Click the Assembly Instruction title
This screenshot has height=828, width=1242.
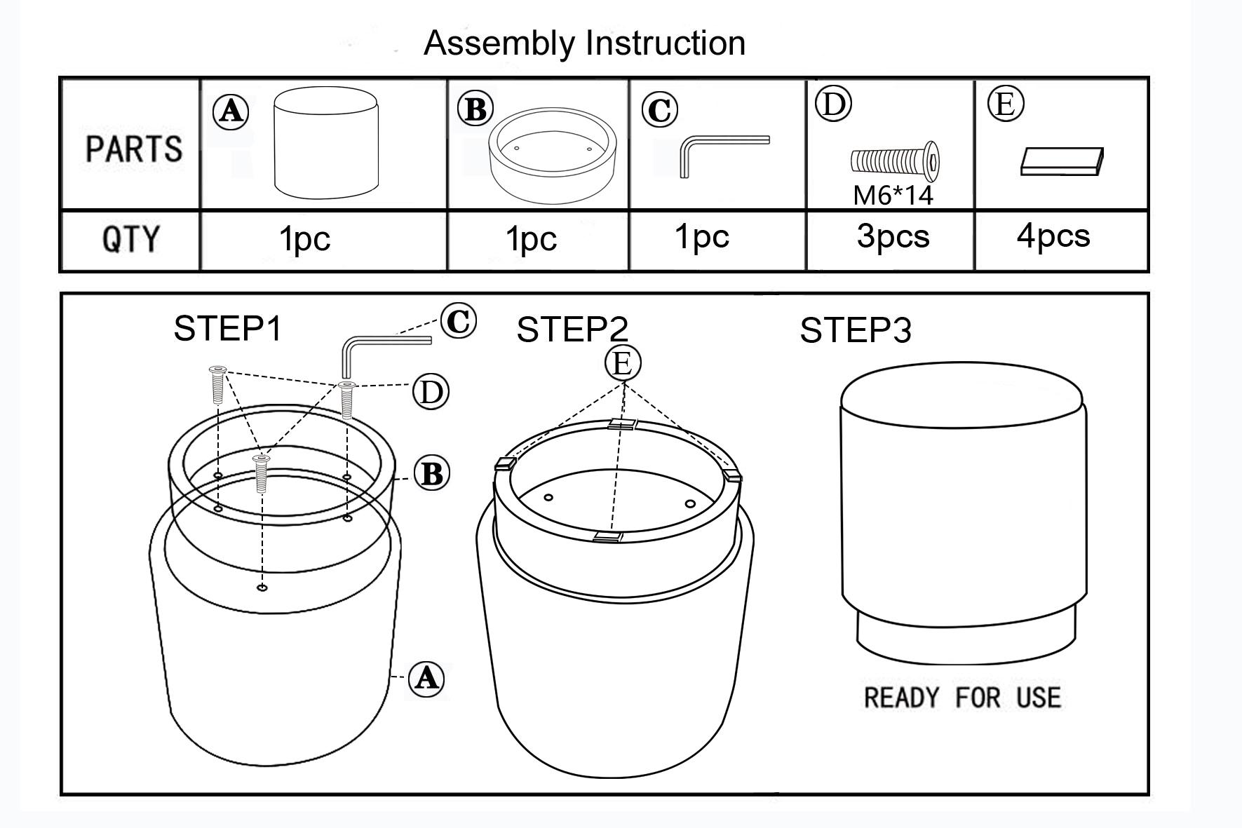click(584, 43)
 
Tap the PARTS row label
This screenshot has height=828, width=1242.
click(133, 149)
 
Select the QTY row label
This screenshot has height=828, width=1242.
click(130, 239)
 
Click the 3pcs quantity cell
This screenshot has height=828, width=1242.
click(893, 236)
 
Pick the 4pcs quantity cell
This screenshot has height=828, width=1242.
click(1053, 235)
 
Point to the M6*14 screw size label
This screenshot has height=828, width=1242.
click(893, 194)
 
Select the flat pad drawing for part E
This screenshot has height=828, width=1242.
click(1062, 161)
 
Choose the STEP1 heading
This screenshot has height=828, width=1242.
click(227, 328)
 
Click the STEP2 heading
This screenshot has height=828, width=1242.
click(572, 330)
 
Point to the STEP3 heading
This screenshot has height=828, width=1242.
click(856, 330)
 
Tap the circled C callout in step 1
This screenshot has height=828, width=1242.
click(459, 322)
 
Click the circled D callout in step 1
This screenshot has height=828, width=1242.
click(430, 391)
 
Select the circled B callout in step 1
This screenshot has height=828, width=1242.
click(431, 473)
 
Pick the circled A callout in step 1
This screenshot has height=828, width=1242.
click(426, 678)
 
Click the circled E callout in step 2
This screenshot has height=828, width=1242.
click(623, 363)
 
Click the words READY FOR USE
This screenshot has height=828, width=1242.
click(962, 698)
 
